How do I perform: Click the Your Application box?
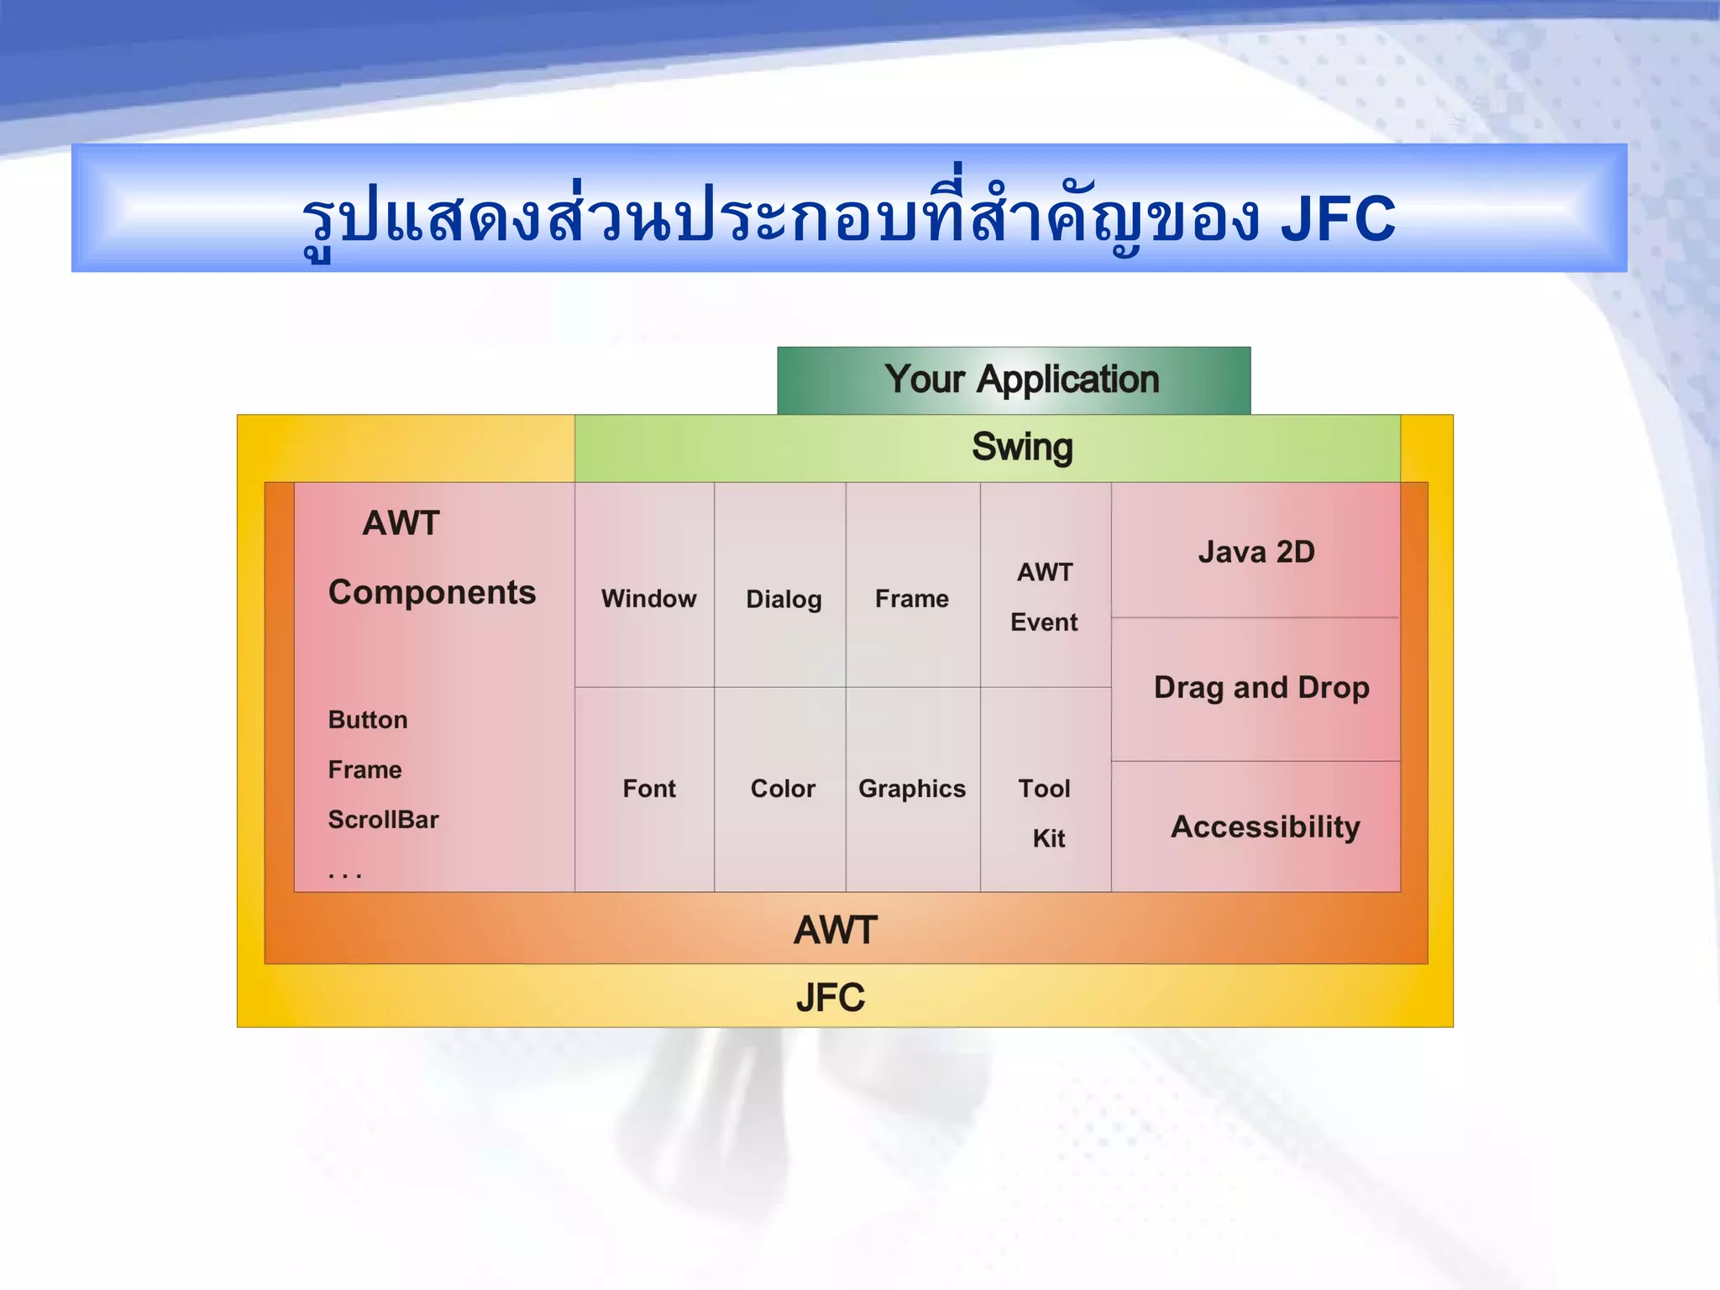coord(1014,380)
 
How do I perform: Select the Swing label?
coord(1022,447)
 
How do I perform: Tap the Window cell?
coord(648,598)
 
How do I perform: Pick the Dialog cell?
coord(783,599)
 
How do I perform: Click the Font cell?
coord(648,789)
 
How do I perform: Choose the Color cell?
coord(782,789)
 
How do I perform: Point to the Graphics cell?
coord(912,789)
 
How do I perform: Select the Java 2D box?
coord(1256,552)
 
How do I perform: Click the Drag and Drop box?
coord(1261,688)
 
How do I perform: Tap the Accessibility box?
coord(1265,827)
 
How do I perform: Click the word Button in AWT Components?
coord(368,720)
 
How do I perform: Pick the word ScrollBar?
coord(383,820)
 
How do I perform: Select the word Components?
coord(432,593)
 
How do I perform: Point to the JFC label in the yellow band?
coord(830,998)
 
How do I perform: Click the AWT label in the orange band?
coord(835,931)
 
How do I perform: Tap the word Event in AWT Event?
coord(1044,622)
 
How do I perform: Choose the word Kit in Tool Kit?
coord(1049,838)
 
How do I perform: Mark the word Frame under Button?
coord(364,769)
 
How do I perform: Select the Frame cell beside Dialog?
coord(912,599)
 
